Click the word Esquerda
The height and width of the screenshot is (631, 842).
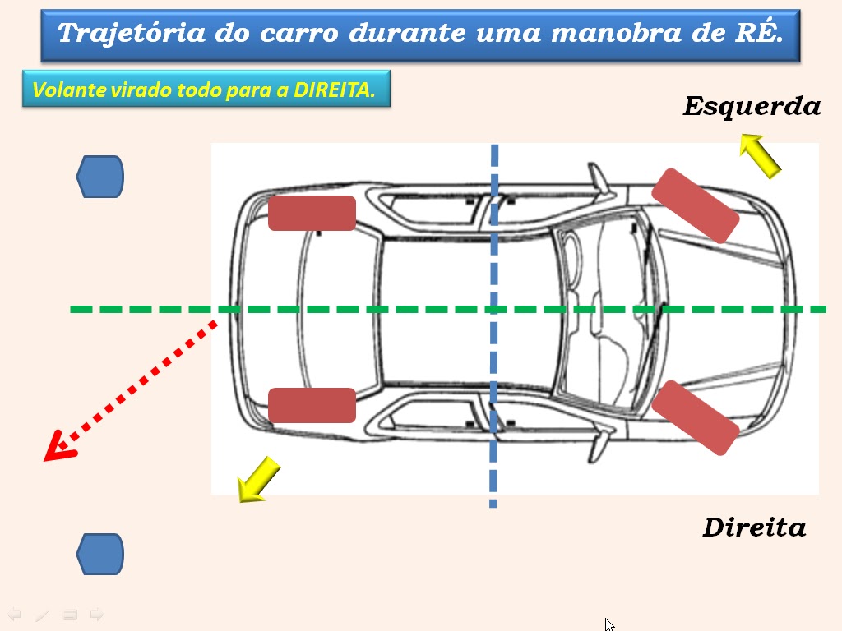tap(752, 107)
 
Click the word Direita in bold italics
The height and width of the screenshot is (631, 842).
tap(754, 527)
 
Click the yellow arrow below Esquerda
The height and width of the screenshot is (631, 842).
tap(759, 155)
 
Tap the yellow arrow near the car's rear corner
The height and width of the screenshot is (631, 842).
tap(258, 479)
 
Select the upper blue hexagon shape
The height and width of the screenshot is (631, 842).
tap(99, 177)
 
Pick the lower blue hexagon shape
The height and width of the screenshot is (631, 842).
tap(99, 554)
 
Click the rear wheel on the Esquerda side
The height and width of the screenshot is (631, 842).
tap(312, 214)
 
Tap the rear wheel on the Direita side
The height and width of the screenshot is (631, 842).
tap(312, 405)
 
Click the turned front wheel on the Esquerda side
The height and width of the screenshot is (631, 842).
tap(695, 205)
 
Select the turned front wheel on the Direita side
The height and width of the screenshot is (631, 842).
tap(695, 417)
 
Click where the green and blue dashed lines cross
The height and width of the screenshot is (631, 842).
tap(493, 309)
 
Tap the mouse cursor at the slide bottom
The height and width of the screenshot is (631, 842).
tap(609, 624)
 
